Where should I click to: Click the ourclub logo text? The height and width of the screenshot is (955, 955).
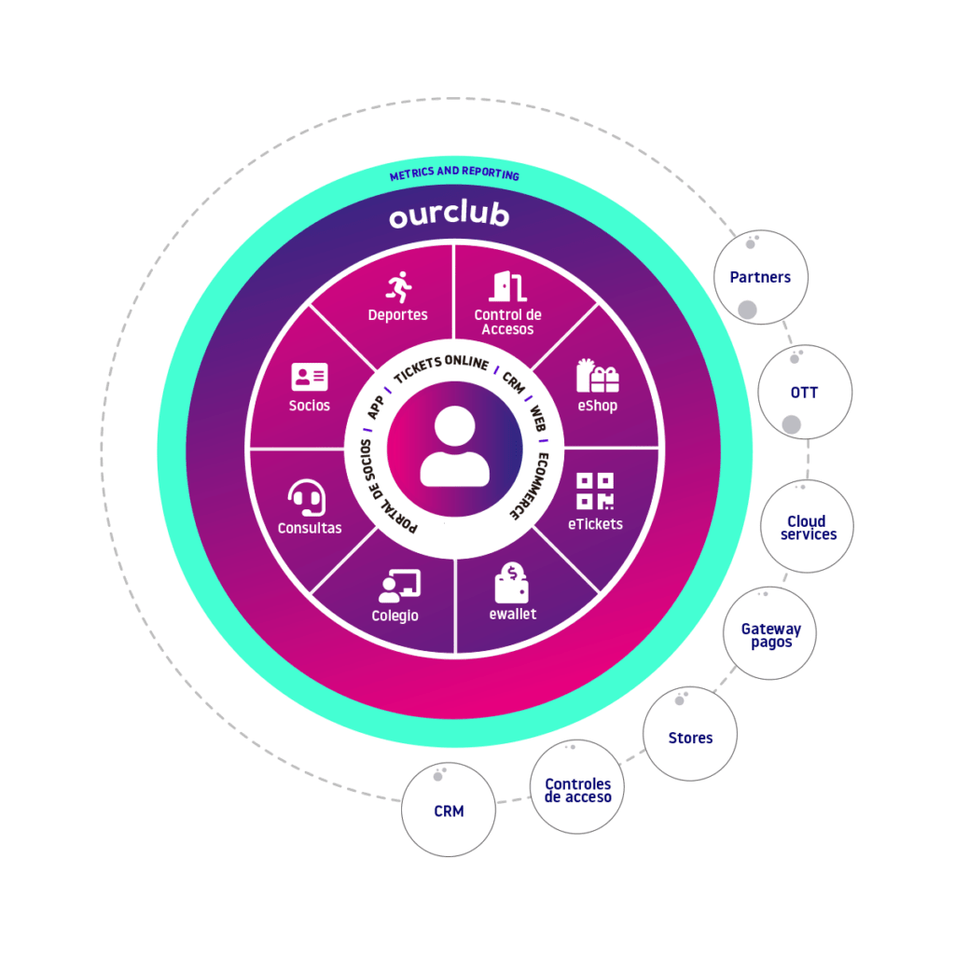point(449,215)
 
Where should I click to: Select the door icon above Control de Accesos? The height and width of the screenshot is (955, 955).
point(507,285)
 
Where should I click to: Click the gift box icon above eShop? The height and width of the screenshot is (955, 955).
point(597,375)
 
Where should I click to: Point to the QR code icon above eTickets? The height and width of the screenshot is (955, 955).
point(595,491)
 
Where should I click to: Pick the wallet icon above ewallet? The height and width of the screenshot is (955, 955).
point(512,584)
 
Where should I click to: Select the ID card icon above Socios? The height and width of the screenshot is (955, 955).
point(310,377)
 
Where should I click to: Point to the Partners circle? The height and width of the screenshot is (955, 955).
point(760,277)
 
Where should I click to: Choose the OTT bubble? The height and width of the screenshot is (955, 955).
point(804,393)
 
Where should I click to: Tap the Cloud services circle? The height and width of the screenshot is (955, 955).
point(808,527)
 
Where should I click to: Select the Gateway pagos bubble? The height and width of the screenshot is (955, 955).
point(770,634)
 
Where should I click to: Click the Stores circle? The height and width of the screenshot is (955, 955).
point(690,737)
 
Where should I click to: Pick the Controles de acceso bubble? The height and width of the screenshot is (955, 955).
point(577,789)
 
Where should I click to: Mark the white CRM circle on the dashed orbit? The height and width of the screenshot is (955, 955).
point(449,810)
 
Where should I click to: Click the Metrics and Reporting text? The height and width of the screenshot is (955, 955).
point(454,174)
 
